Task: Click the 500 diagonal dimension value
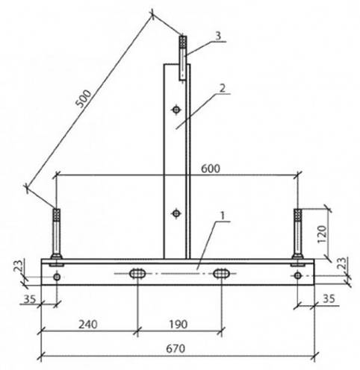[84, 98]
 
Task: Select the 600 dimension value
[211, 169]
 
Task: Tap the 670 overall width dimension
[176, 348]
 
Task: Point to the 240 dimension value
[88, 324]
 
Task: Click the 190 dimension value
[179, 324]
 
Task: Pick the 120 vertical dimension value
[322, 234]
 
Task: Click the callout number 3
[218, 36]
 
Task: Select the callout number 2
[223, 88]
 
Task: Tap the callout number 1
[223, 216]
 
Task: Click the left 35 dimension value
[30, 299]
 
